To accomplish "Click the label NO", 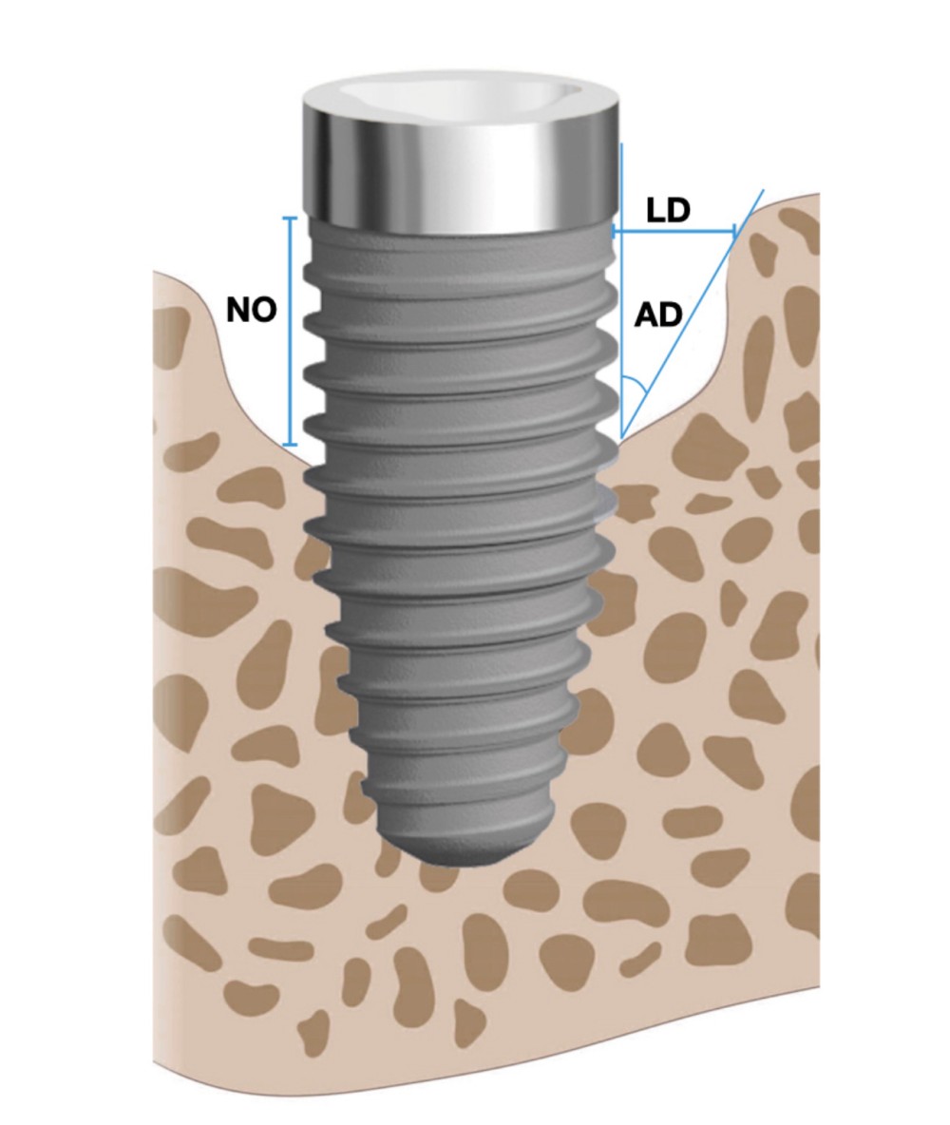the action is (x=251, y=310).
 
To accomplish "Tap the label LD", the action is (x=667, y=210).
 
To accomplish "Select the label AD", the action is (x=658, y=315).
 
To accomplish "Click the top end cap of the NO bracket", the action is (x=290, y=218).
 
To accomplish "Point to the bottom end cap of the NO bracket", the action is (x=290, y=445).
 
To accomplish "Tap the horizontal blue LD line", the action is (x=674, y=231).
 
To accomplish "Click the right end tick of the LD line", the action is (x=735, y=231).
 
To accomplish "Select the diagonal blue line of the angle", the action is (x=693, y=314).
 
